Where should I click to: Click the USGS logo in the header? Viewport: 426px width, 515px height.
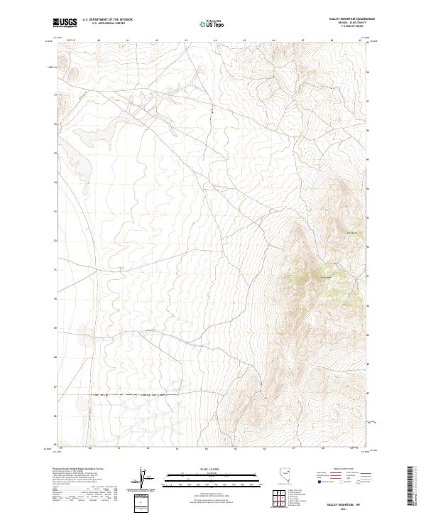(66, 23)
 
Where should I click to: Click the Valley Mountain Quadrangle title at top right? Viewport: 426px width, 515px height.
(351, 19)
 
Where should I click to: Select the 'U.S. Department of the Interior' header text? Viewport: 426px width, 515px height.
(107, 20)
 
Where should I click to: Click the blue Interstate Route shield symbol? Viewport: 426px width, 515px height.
(321, 481)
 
